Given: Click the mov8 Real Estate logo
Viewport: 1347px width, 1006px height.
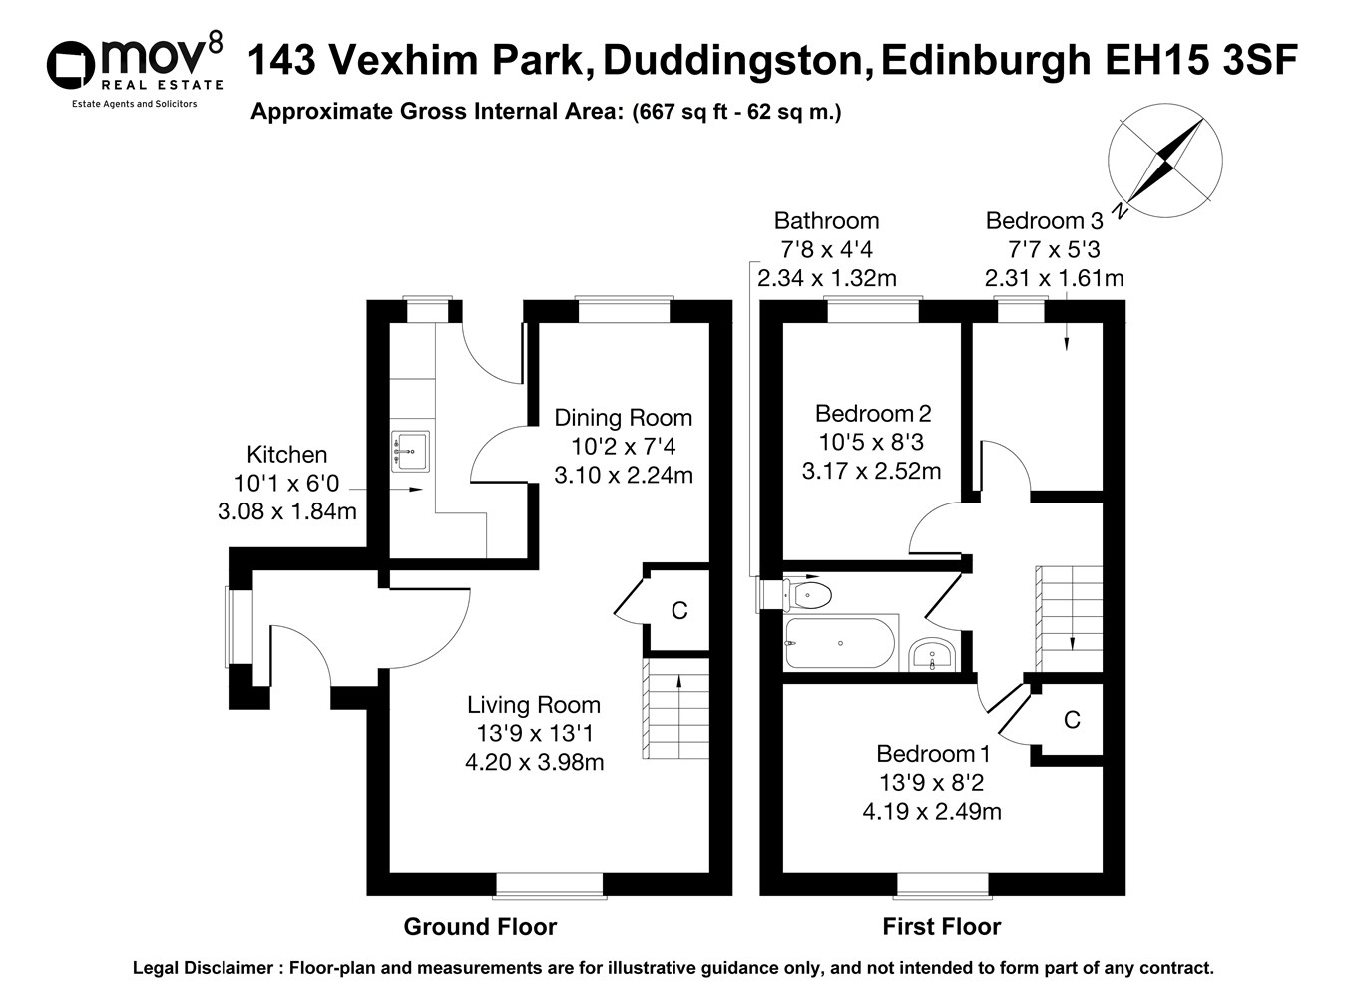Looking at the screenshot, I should (x=134, y=68).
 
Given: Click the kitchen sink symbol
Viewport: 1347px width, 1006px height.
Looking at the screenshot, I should (x=410, y=451).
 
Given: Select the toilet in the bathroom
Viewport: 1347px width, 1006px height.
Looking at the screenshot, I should (x=809, y=595).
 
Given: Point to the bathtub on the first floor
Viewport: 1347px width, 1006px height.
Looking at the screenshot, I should (x=839, y=644).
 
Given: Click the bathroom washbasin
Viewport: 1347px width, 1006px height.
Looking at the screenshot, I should (x=933, y=656).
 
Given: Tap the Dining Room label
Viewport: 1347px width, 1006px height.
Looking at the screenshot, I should (x=623, y=418).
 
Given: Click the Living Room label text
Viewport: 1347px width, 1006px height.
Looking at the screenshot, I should (x=534, y=705).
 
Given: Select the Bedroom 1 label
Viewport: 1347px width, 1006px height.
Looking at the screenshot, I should (x=933, y=754).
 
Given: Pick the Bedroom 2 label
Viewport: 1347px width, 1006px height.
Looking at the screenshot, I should (x=872, y=413).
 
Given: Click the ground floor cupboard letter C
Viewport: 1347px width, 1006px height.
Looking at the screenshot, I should (x=679, y=610).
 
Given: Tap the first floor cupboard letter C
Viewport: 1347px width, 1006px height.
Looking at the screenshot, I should (x=1071, y=720).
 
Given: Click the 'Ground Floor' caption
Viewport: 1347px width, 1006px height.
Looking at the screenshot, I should (x=480, y=927).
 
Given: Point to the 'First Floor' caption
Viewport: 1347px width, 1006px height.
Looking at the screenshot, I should (x=941, y=927).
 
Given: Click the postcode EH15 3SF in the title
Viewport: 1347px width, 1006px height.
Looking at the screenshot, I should (x=1200, y=61).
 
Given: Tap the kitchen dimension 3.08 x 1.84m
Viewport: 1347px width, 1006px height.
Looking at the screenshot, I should (x=286, y=512).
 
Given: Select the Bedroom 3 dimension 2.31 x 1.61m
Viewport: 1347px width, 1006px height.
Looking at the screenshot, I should (x=1054, y=279).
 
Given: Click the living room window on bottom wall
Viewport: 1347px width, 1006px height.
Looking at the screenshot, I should (x=549, y=882).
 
